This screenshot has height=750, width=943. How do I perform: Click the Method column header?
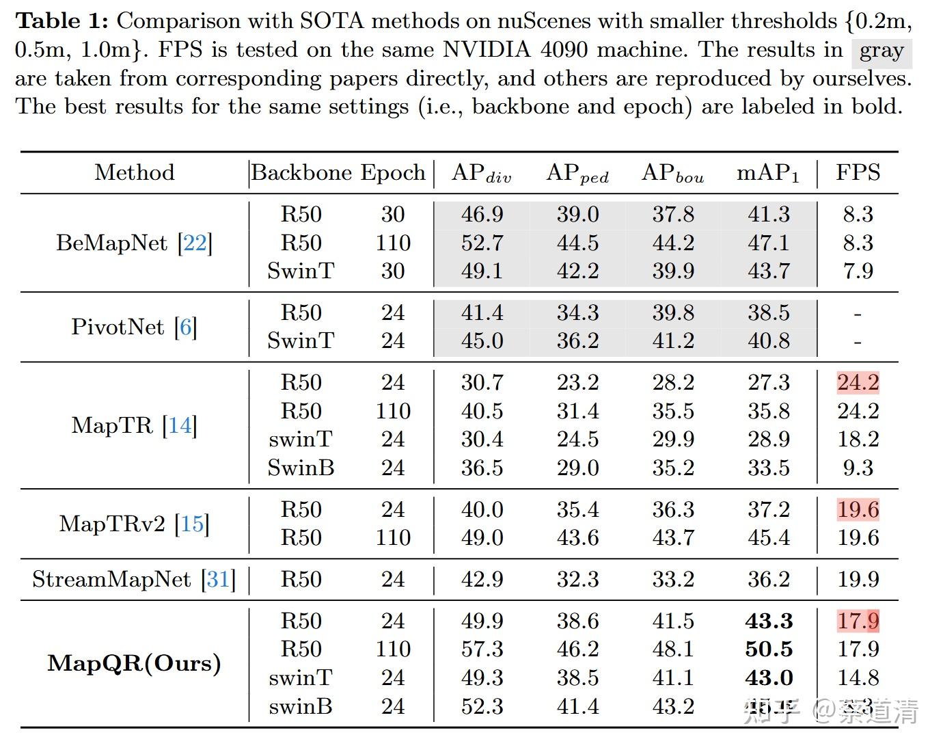135,172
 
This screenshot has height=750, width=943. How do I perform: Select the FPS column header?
858,172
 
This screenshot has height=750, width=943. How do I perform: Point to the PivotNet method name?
118,327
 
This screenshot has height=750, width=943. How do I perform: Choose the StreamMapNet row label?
111,579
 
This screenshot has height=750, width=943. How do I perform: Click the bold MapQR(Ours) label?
134,663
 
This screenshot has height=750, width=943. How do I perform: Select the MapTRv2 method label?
112,524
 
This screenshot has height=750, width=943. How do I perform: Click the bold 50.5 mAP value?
769,649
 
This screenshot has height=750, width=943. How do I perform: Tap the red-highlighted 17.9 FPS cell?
858,621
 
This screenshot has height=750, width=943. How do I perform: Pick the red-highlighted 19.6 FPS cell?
858,509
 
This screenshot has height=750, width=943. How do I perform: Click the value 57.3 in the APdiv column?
482,649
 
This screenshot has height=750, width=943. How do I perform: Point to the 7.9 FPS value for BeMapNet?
858,271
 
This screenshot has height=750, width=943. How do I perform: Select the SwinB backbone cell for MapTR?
301,468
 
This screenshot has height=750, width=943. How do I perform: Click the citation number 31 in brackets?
217,579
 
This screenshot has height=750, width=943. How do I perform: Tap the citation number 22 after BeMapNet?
195,243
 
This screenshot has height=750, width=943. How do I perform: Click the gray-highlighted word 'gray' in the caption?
881,51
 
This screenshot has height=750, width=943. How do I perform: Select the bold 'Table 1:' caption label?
61,21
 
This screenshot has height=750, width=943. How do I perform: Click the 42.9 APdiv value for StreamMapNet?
482,579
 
